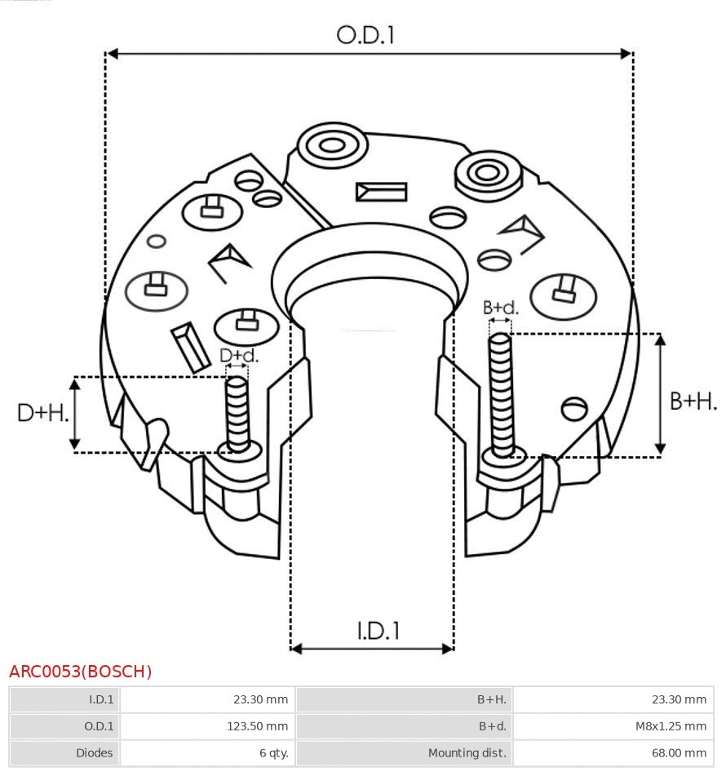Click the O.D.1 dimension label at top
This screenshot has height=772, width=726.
(x=365, y=35)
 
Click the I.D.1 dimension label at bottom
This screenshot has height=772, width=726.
(x=378, y=630)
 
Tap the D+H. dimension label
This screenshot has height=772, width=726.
(x=42, y=413)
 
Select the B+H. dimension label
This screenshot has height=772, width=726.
(x=693, y=401)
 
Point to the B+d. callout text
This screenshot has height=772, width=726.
(x=500, y=308)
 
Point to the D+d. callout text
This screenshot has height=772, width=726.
(x=238, y=356)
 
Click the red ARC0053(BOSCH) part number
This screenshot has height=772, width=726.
(x=80, y=672)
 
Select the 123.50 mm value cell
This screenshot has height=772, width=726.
(x=208, y=725)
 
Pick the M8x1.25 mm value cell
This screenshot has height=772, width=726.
(x=613, y=725)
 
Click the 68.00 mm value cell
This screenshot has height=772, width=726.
(x=613, y=752)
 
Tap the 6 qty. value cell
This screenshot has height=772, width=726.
(x=208, y=752)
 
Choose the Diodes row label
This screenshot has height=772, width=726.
(x=64, y=752)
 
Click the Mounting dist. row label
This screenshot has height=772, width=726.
(x=405, y=752)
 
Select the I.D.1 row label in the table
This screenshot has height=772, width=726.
(x=64, y=699)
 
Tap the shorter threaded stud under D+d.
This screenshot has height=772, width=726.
(x=237, y=412)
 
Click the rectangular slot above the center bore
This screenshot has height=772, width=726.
(x=381, y=192)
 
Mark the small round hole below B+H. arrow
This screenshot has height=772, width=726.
(x=575, y=406)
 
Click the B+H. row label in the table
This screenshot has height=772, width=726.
(x=405, y=699)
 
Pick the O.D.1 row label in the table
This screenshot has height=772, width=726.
(x=64, y=725)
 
